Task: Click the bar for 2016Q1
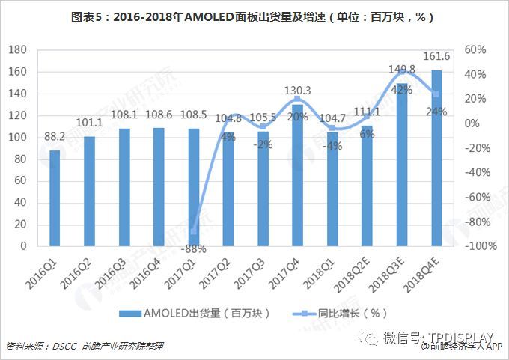(x=55, y=198)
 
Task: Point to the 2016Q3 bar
(x=124, y=187)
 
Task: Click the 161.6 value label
(x=436, y=56)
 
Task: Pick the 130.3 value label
(x=297, y=91)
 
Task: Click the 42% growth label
(x=402, y=90)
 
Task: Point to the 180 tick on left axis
(x=17, y=50)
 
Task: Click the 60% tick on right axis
(x=475, y=50)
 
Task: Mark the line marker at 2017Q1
(x=193, y=231)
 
